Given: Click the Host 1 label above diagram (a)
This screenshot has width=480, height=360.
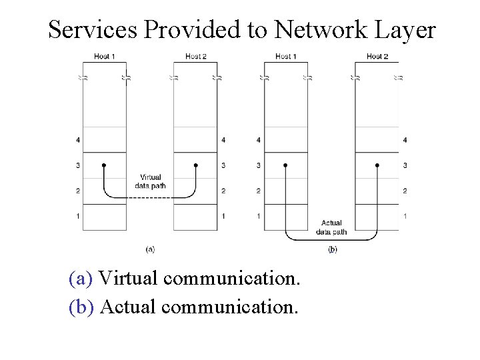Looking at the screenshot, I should (x=103, y=57).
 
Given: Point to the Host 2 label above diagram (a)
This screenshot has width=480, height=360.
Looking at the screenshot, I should (x=195, y=57).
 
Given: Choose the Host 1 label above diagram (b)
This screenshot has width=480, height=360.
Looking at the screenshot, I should (x=286, y=57).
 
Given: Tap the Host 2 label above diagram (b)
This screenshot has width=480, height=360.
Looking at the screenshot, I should (x=377, y=57).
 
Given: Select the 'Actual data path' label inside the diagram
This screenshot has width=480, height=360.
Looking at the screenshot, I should (x=331, y=227).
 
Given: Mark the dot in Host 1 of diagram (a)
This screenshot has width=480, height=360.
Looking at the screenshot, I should (x=103, y=165).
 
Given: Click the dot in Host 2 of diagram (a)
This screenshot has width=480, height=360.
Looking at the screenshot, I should (x=195, y=165).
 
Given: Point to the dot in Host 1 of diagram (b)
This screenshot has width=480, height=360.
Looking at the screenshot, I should (x=285, y=165).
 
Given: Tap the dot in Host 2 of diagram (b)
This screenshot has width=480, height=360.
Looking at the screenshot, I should (x=377, y=165).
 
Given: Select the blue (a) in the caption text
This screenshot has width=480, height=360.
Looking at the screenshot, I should (x=81, y=278).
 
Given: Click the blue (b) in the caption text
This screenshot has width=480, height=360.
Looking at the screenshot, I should (x=82, y=307).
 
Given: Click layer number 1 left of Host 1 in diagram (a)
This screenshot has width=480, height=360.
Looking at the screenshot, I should (x=78, y=217).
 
